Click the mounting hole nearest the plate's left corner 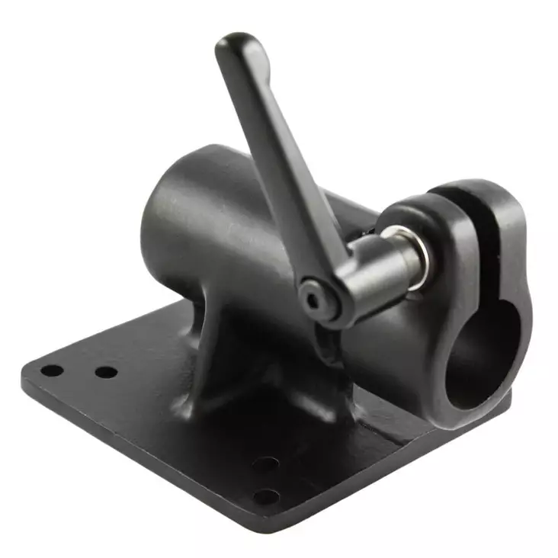coord(51,371)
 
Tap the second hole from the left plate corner coord(106,373)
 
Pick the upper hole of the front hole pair coord(265,463)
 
